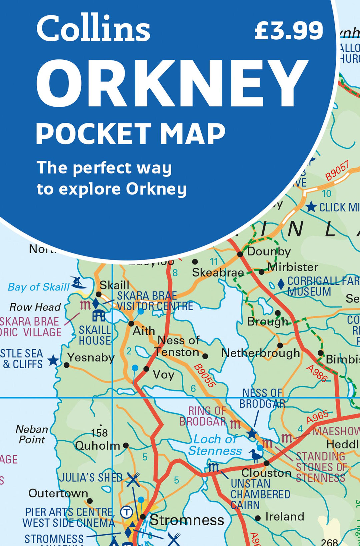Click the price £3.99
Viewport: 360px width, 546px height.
[x=289, y=31]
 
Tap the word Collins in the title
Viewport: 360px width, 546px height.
[x=93, y=29]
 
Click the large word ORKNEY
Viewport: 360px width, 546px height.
[x=172, y=83]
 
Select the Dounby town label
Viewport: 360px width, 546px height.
[x=269, y=251]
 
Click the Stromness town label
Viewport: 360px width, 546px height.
[x=187, y=520]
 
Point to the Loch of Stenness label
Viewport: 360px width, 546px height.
[x=215, y=445]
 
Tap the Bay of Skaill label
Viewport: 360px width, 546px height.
[x=39, y=287]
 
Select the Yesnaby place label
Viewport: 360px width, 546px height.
[x=91, y=358]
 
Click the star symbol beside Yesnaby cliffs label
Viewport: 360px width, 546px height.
[x=53, y=360]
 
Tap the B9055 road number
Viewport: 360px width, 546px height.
[x=204, y=376]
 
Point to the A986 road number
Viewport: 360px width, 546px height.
[x=317, y=373]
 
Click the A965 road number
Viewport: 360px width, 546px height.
[x=318, y=417]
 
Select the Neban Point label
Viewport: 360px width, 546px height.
[x=32, y=434]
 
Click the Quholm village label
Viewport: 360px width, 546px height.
[x=97, y=446]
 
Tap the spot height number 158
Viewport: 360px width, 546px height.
[x=99, y=433]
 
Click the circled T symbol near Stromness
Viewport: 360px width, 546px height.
[x=126, y=512]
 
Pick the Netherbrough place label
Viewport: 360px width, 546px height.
[x=260, y=353]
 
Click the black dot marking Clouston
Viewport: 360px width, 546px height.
[x=266, y=463]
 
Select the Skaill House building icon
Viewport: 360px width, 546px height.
[x=99, y=315]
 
